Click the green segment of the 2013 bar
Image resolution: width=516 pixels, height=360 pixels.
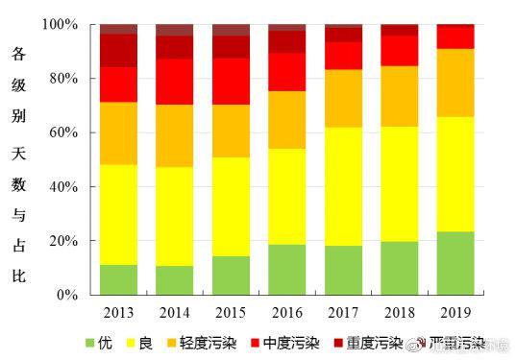click(118, 279)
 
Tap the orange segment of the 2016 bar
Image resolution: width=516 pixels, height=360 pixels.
click(287, 120)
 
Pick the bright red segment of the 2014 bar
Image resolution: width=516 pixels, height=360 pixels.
click(174, 82)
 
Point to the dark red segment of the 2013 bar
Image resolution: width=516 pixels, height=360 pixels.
click(118, 50)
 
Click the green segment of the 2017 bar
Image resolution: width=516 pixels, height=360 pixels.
click(343, 271)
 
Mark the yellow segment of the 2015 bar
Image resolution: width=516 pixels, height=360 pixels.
click(231, 206)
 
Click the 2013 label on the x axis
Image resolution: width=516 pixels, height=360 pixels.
click(118, 312)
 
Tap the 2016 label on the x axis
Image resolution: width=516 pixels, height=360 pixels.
click(287, 312)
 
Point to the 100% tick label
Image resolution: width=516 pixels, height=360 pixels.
click(61, 24)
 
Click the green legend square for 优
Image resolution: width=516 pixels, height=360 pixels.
click(91, 343)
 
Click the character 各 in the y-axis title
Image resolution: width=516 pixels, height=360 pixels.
click(18, 57)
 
